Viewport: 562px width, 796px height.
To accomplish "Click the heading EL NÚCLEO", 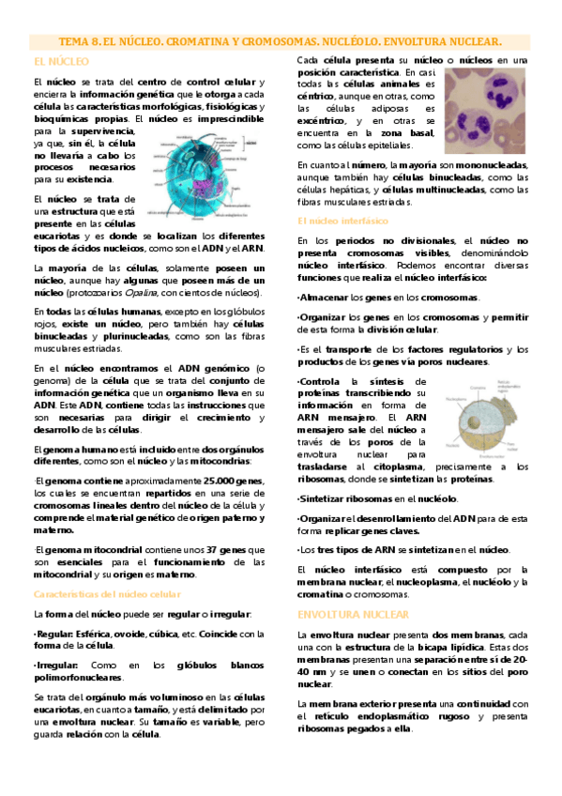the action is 60,61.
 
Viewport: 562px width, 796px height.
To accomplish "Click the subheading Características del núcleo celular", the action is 107,594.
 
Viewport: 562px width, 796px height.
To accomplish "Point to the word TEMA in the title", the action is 76,42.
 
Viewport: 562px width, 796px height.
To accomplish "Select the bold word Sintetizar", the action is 325,499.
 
